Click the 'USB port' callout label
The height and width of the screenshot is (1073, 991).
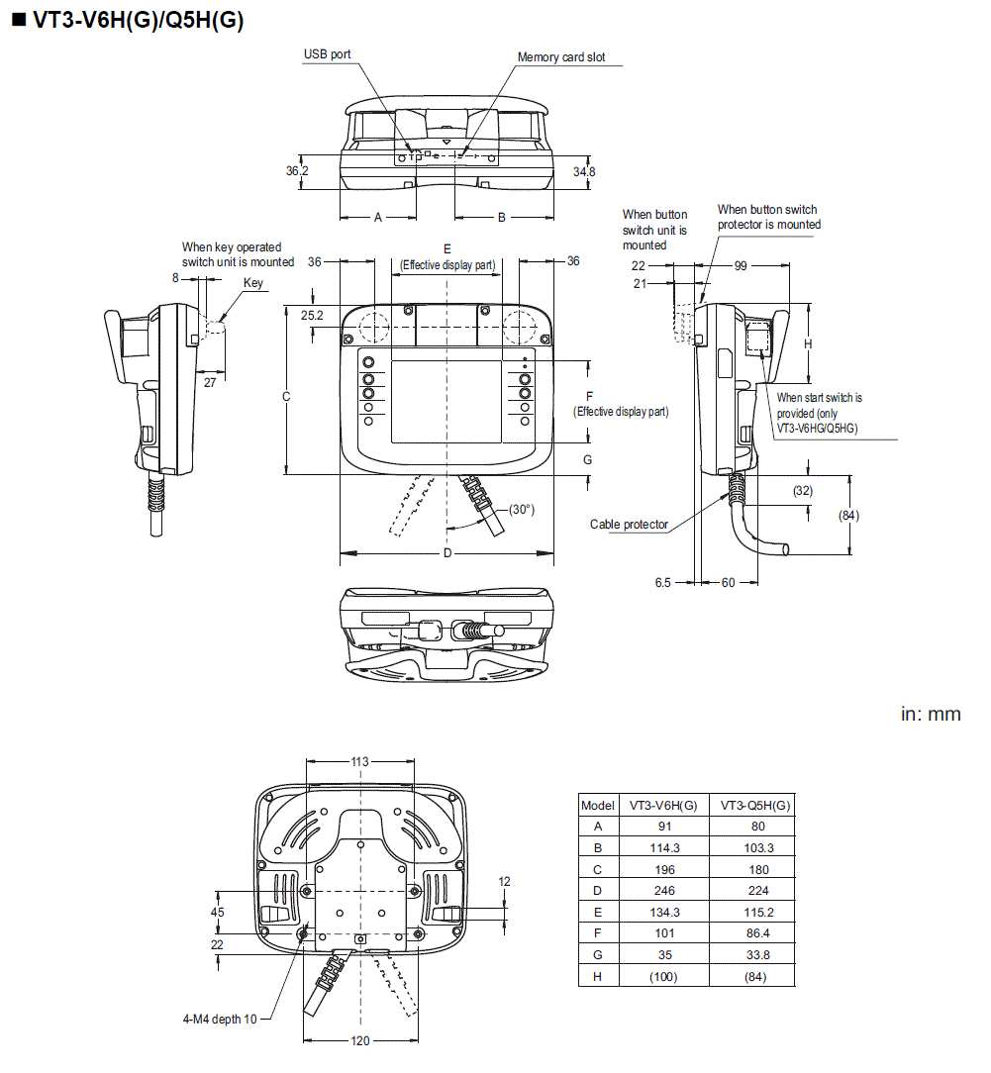click(x=327, y=54)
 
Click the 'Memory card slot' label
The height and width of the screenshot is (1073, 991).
click(x=561, y=57)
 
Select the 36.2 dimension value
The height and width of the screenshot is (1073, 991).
click(x=297, y=171)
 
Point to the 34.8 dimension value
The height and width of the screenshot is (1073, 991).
click(x=584, y=171)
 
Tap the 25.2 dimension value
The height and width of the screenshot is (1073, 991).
click(x=313, y=315)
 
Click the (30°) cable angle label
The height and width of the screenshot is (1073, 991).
click(x=521, y=510)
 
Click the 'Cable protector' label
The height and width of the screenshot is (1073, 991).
click(x=629, y=525)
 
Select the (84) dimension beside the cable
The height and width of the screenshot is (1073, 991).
click(x=847, y=515)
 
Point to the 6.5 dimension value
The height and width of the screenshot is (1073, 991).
click(x=663, y=583)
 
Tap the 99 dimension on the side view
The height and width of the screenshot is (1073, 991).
click(x=741, y=266)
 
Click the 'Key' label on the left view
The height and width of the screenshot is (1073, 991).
click(x=253, y=283)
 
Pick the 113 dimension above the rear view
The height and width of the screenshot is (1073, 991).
click(x=359, y=761)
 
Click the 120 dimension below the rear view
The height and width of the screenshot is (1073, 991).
click(x=360, y=1040)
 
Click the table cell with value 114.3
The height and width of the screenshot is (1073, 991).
click(x=664, y=847)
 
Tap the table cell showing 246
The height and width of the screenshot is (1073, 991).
click(x=664, y=891)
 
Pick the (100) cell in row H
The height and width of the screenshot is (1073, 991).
click(x=664, y=977)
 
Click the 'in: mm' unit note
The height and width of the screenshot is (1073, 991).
click(x=930, y=714)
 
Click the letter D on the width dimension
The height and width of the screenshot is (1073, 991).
click(x=447, y=552)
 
